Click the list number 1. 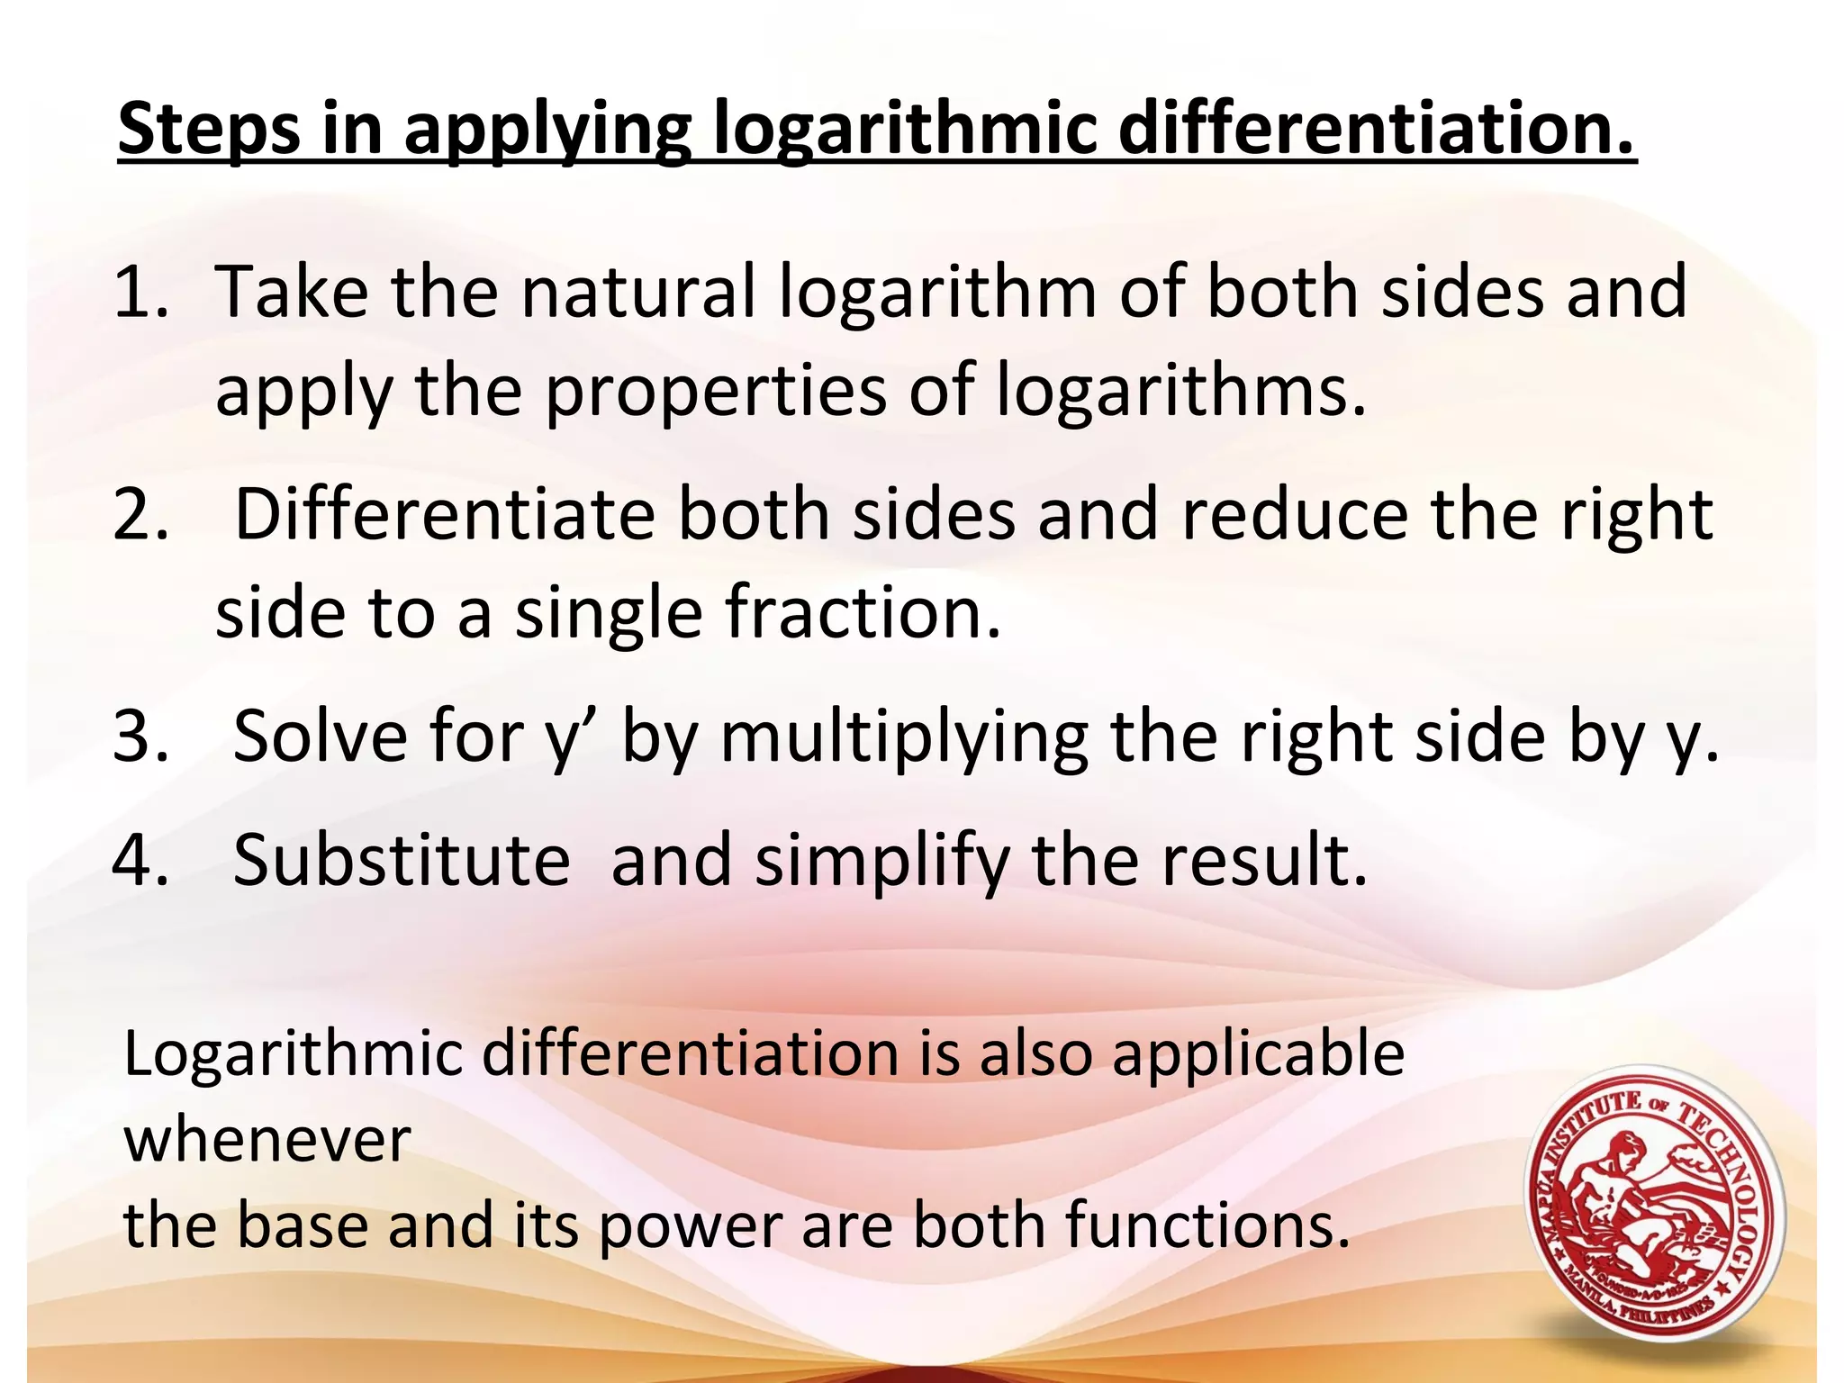141,293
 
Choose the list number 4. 141,861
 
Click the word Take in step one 292,293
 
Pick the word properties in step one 715,393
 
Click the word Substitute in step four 402,861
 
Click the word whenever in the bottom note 267,1140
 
